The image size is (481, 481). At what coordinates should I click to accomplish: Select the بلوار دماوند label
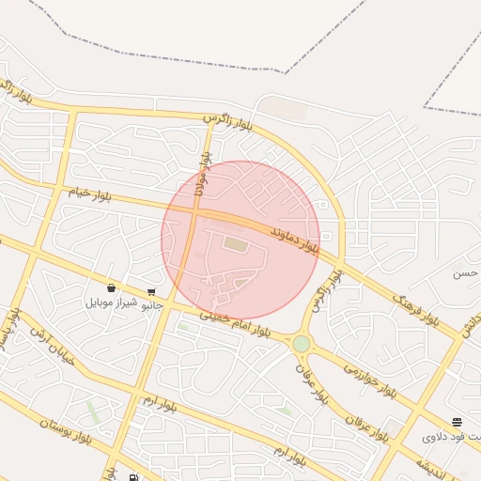click(x=294, y=241)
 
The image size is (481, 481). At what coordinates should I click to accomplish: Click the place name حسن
click(x=464, y=274)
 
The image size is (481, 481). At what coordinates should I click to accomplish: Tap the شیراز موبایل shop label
click(x=112, y=303)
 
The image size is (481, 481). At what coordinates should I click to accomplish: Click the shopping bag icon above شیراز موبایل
click(x=112, y=287)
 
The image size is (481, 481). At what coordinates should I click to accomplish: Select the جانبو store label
click(x=151, y=305)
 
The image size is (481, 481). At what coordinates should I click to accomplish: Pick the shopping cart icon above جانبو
click(x=151, y=291)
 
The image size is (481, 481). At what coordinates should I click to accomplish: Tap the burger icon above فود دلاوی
click(x=457, y=422)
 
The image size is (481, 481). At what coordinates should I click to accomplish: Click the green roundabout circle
click(x=301, y=344)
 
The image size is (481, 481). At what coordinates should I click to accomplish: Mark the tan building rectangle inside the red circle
click(x=234, y=245)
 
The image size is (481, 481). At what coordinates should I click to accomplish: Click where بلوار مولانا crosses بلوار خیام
click(x=194, y=212)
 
